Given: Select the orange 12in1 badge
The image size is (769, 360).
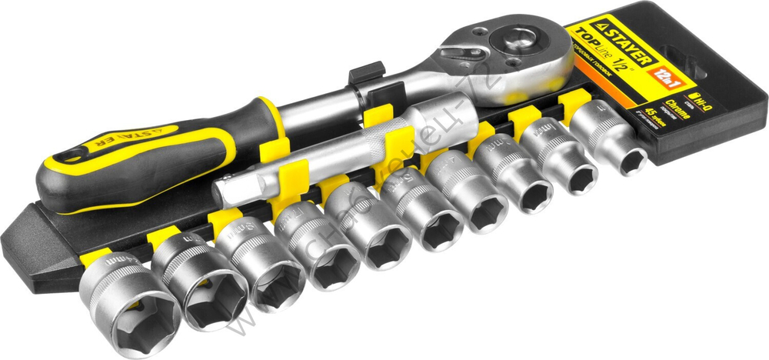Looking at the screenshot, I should [661, 75].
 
